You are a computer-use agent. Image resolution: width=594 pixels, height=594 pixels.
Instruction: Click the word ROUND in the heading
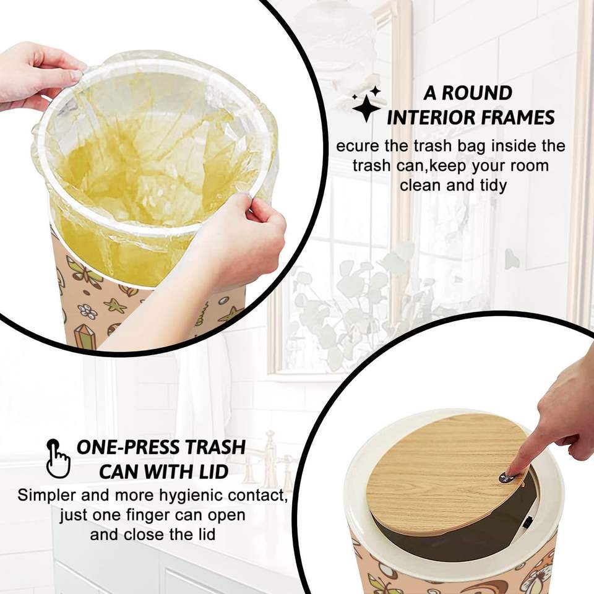[477, 93]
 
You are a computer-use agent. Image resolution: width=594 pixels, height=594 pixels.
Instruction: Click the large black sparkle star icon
[366, 108]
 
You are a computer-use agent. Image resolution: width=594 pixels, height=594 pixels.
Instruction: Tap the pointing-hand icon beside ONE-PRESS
[58, 458]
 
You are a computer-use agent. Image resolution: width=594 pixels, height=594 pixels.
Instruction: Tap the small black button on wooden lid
[506, 478]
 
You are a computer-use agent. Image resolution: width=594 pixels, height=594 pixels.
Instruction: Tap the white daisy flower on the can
[87, 311]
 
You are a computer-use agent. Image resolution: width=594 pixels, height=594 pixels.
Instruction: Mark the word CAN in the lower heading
[119, 472]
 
